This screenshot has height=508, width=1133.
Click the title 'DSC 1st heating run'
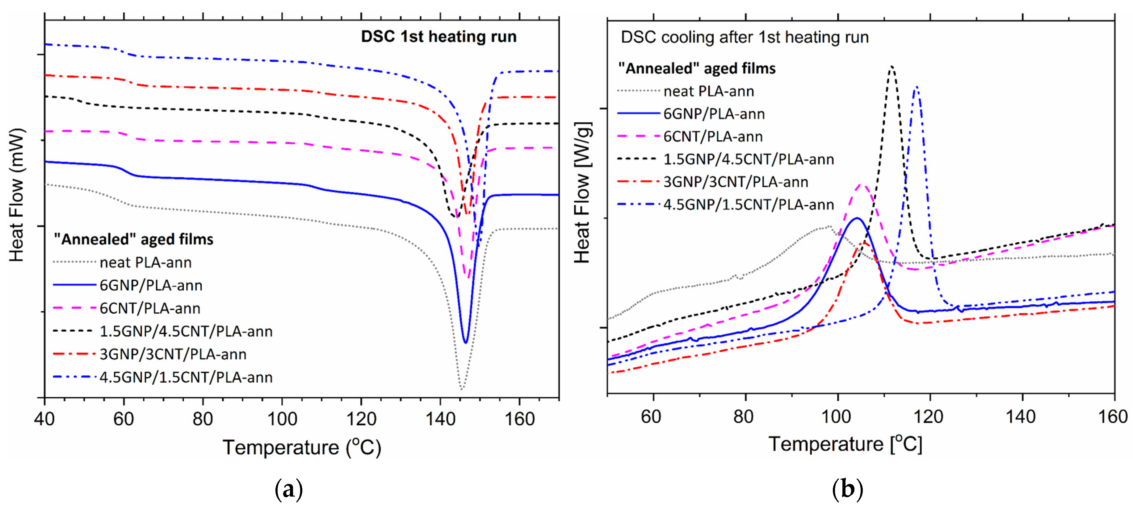439,36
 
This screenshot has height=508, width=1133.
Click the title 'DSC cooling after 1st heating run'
744,37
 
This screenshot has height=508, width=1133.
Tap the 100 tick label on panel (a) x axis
282,419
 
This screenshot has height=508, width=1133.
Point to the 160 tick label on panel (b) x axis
1113,416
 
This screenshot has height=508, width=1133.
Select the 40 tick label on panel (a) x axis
44,419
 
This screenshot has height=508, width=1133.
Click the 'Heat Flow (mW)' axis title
17,195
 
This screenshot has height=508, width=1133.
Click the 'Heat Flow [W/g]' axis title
582,192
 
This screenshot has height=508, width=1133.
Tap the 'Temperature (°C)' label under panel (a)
302,447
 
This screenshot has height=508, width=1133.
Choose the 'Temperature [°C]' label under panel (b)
845,444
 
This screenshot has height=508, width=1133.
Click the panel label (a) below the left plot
288,489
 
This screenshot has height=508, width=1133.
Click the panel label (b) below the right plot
847,489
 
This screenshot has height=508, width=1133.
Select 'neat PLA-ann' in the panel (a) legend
145,262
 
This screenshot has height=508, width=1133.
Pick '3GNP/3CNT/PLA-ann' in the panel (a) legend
173,354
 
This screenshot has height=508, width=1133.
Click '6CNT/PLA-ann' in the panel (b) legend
712,137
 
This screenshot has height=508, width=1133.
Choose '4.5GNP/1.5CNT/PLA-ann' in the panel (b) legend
748,204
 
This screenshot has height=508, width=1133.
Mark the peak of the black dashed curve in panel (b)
892,67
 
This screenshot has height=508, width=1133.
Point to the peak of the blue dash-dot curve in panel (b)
917,87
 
